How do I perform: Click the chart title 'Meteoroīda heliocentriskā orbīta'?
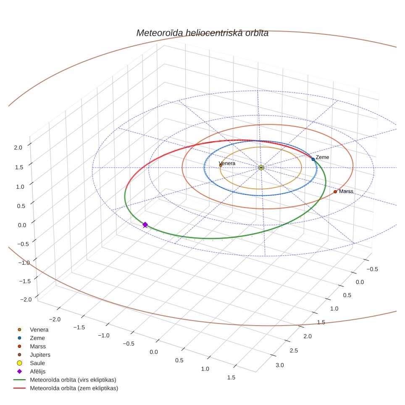click(202, 33)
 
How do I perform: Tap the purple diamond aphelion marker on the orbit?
click(145, 225)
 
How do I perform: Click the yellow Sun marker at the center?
click(261, 168)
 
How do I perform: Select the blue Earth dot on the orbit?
click(313, 159)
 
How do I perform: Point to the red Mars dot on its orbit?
click(335, 192)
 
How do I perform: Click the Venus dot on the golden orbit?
click(221, 165)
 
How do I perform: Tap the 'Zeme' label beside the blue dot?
click(322, 157)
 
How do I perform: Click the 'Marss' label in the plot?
click(346, 192)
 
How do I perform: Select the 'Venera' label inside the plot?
click(227, 163)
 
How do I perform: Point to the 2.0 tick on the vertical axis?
click(18, 147)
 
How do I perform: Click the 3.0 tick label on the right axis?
click(280, 365)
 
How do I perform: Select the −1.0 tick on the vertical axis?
click(24, 263)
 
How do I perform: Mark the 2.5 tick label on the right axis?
click(294, 350)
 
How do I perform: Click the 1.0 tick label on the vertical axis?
click(20, 187)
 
